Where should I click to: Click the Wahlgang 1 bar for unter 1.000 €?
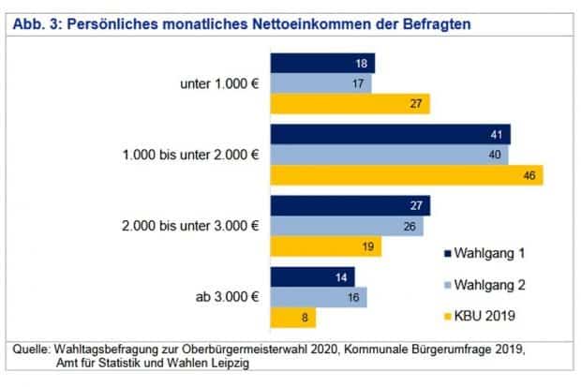click(322, 63)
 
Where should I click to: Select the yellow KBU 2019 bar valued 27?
click(350, 104)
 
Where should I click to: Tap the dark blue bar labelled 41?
click(390, 134)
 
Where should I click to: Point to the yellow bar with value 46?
click(407, 175)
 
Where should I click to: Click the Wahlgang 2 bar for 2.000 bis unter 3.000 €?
click(347, 226)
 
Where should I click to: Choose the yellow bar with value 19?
click(326, 246)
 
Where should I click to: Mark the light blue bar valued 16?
click(319, 297)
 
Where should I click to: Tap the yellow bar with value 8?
click(293, 318)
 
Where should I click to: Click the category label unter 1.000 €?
click(218, 83)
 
